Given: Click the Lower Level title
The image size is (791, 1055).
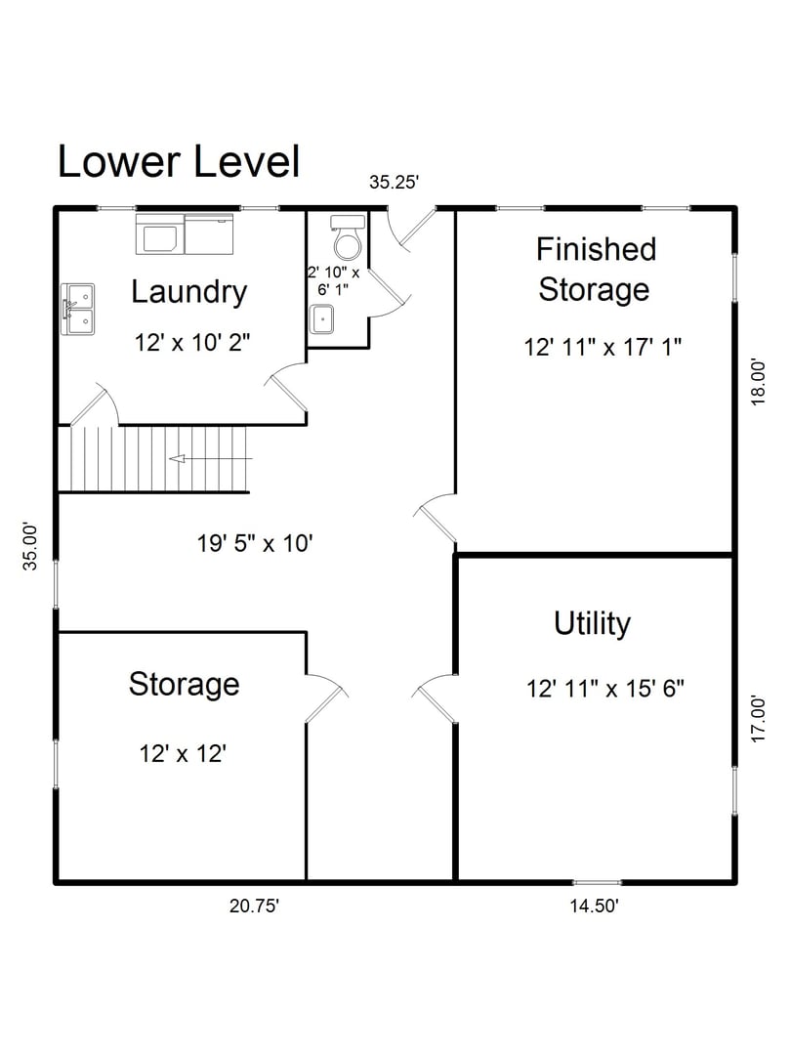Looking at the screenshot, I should click(179, 161).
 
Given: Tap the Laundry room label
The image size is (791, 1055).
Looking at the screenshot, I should click(188, 291).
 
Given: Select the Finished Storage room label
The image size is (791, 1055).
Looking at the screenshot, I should click(594, 269).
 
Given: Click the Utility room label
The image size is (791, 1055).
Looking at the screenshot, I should click(592, 623).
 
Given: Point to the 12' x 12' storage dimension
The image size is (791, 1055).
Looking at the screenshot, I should click(184, 753).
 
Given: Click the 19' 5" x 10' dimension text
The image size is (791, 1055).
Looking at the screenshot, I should click(255, 542).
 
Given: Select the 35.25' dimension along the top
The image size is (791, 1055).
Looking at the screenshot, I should click(394, 182).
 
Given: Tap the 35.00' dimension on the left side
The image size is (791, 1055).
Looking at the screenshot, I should click(31, 547).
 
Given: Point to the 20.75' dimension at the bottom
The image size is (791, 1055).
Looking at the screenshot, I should click(255, 906).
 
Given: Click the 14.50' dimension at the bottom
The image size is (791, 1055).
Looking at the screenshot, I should click(594, 906).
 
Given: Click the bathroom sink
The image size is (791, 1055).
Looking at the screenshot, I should click(322, 318).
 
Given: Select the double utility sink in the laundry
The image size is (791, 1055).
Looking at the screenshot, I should click(78, 309).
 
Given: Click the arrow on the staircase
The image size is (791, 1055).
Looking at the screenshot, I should click(209, 458).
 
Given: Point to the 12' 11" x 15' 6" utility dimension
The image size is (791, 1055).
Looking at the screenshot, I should click(604, 688).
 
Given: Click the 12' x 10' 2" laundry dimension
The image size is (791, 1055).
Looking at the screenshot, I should click(192, 343).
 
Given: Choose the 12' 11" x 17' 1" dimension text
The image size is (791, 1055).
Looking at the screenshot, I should click(603, 346).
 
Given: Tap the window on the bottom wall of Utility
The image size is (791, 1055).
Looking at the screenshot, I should click(597, 882).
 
